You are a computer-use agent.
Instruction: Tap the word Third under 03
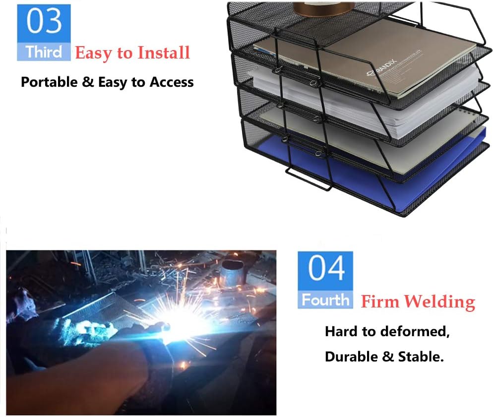[x=44, y=52]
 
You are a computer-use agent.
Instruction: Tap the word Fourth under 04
[x=325, y=300]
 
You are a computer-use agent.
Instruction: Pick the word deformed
[x=420, y=332]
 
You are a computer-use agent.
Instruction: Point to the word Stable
[x=420, y=357]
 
